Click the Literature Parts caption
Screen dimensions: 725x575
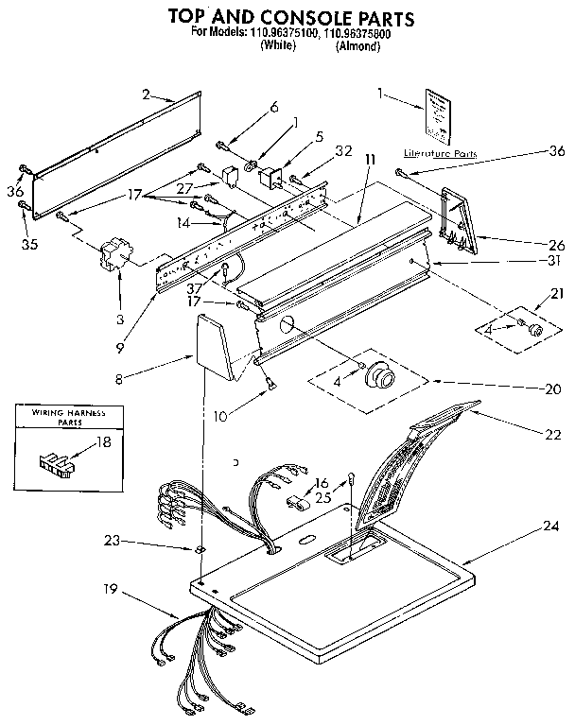(x=440, y=152)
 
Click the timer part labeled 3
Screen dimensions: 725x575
(x=118, y=255)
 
